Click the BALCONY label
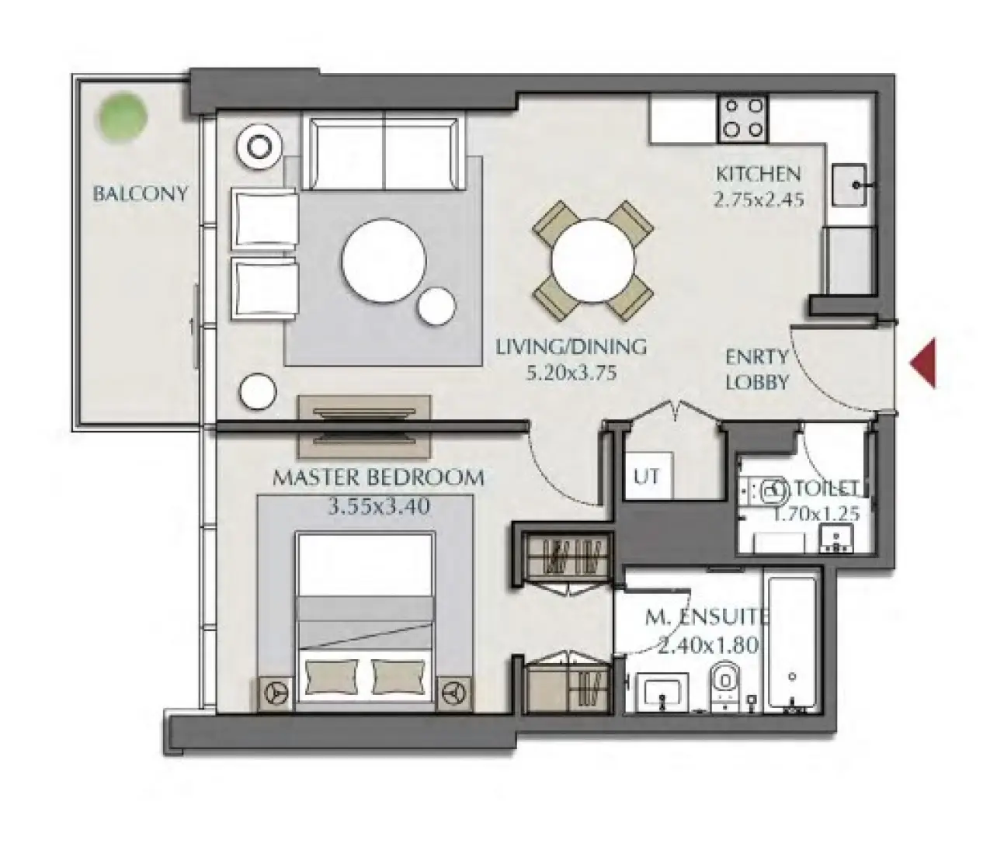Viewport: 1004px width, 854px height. click(140, 194)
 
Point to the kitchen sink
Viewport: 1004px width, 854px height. click(849, 185)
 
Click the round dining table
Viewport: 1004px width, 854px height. click(593, 262)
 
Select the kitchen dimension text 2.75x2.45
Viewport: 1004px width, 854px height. click(759, 200)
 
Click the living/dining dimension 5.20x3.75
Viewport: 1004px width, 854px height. click(571, 373)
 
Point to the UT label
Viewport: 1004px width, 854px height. click(647, 477)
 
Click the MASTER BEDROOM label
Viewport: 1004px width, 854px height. click(378, 478)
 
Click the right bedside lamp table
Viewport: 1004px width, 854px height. click(455, 693)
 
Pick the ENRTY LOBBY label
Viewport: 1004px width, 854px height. click(757, 370)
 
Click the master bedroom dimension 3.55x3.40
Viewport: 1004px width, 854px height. click(379, 507)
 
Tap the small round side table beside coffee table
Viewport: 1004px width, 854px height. click(436, 307)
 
